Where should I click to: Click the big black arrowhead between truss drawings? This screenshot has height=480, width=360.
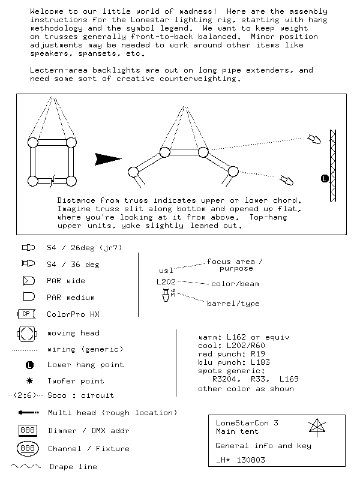pos(108,159)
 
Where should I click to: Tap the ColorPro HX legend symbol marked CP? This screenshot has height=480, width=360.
pos(26,314)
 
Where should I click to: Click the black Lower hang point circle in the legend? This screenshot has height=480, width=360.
pos(29,365)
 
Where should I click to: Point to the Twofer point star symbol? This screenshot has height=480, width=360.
pos(29,380)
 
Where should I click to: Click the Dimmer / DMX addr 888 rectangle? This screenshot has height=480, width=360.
pos(28,430)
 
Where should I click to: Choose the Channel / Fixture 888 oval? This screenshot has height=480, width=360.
pos(28,448)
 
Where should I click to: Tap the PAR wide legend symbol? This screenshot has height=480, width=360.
pos(28,281)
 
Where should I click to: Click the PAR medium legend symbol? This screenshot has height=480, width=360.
pos(28,297)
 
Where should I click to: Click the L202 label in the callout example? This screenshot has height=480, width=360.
pos(166,281)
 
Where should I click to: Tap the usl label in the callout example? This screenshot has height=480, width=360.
pos(166,271)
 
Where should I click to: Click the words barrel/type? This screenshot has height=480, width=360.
pos(233,304)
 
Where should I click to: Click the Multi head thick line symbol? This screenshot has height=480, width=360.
pos(29,413)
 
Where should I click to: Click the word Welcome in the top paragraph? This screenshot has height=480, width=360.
pos(46,11)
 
